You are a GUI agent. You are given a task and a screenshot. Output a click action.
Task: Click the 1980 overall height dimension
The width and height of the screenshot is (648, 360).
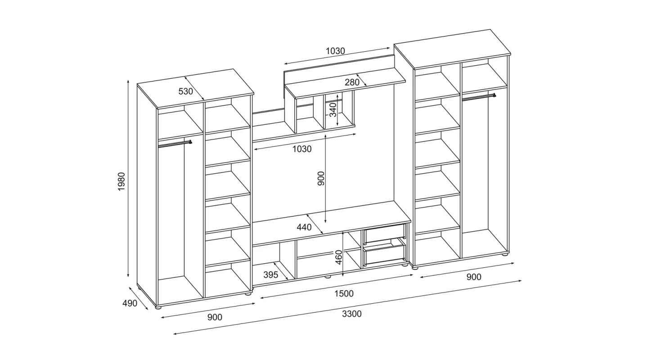tap(121, 181)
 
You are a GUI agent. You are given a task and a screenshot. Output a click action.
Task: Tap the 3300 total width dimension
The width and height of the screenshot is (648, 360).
tap(352, 314)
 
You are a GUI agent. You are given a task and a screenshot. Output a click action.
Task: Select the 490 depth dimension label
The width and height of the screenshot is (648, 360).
tap(130, 303)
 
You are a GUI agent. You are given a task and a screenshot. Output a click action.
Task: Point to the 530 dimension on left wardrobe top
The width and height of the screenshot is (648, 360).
tap(185, 91)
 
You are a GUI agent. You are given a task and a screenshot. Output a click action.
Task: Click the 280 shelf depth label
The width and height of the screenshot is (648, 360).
tap(352, 82)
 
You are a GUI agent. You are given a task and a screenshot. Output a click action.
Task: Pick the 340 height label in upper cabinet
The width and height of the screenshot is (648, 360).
tap(333, 110)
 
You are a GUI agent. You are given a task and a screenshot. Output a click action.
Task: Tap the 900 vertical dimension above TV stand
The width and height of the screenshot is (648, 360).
tap(321, 179)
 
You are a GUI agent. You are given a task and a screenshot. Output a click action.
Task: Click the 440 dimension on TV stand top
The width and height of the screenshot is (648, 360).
tap(304, 227)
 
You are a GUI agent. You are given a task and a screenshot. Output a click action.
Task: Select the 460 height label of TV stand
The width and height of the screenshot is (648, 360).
tap(338, 257)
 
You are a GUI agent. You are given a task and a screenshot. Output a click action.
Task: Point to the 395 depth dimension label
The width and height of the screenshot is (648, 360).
tap(271, 274)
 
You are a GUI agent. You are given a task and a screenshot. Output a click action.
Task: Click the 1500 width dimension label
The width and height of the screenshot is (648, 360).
tap(344, 293)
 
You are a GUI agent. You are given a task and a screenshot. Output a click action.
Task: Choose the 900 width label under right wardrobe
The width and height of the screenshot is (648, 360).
tap(474, 277)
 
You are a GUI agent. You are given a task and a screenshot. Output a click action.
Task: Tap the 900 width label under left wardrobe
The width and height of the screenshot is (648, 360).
tap(215, 317)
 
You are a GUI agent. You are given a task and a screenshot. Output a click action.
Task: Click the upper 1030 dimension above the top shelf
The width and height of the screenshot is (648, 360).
tap(335, 51)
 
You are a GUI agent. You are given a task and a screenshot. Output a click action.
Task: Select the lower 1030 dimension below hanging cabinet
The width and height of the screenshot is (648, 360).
tap(301, 149)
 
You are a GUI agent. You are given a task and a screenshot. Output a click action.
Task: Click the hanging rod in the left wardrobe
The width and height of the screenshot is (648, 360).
tap(175, 144)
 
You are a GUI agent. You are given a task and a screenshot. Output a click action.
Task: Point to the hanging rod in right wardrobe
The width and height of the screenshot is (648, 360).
tap(479, 97)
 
